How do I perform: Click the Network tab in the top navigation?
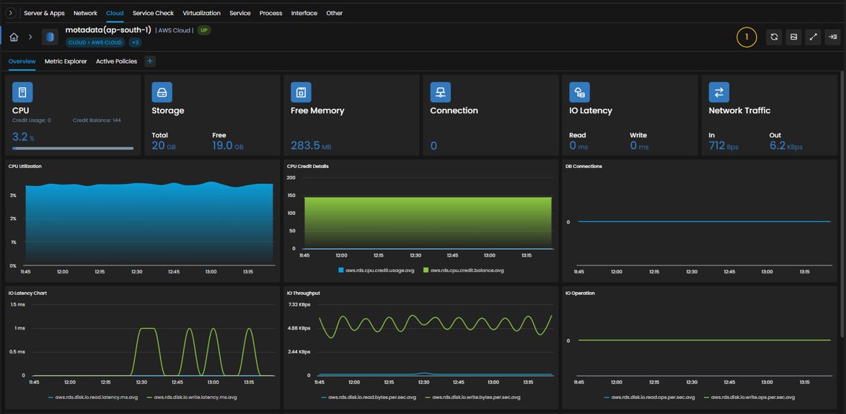click(x=85, y=13)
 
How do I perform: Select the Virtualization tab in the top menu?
click(x=201, y=13)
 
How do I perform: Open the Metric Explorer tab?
click(x=66, y=61)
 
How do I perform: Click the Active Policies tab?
click(x=117, y=61)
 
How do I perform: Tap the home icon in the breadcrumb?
click(x=14, y=37)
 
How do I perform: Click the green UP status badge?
click(x=204, y=30)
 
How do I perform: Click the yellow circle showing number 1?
click(x=746, y=38)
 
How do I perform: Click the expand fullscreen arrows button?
click(x=813, y=37)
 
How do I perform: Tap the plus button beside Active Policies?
click(x=150, y=61)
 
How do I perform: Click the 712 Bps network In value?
click(x=723, y=146)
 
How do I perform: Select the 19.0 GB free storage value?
click(x=228, y=146)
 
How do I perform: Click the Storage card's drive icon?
click(x=162, y=92)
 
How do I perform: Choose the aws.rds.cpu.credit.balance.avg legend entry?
click(x=464, y=270)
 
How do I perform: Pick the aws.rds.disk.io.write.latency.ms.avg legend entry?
click(x=192, y=397)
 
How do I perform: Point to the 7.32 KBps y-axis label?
click(x=299, y=304)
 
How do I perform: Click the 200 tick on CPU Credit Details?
click(x=291, y=177)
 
